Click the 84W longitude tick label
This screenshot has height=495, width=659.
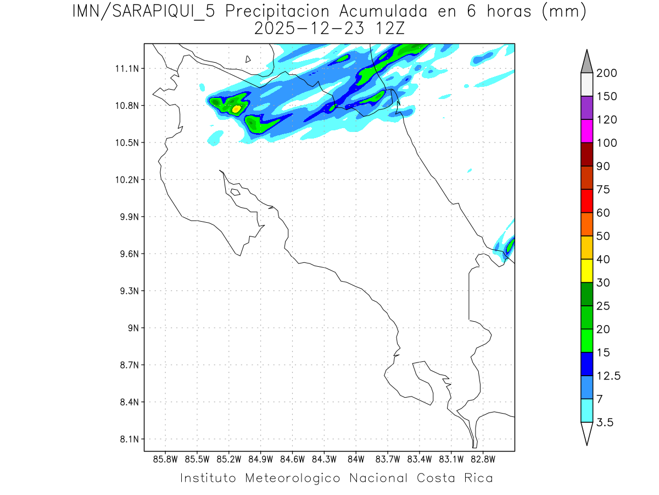click(x=356, y=459)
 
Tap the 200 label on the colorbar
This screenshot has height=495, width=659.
click(x=606, y=73)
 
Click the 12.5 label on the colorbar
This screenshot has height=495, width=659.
click(x=608, y=376)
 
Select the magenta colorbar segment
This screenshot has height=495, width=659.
click(x=587, y=131)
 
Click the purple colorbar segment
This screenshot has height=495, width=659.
click(x=587, y=108)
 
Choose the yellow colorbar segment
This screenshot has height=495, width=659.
click(x=587, y=270)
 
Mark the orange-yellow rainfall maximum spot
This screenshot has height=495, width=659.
click(x=236, y=109)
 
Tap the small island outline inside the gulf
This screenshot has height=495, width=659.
click(x=235, y=192)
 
